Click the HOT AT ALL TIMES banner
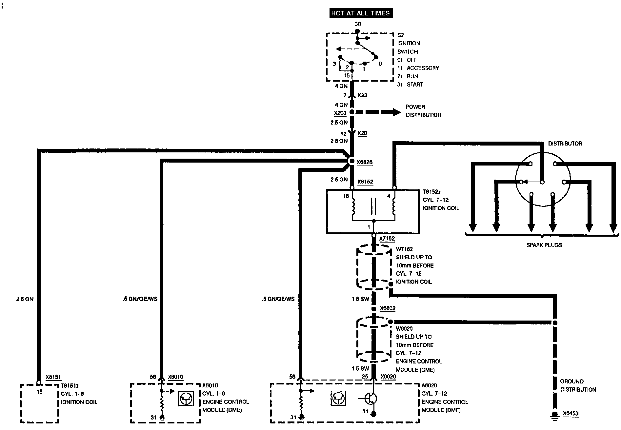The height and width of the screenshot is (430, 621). pos(360,13)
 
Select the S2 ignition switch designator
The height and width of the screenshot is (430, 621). pos(400,35)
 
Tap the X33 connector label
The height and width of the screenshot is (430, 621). pos(362,95)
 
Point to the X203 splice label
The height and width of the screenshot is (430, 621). pos(340,113)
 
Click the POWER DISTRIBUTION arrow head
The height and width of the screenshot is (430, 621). pos(397,112)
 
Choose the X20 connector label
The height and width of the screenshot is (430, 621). pos(362,133)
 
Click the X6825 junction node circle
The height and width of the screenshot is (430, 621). pos(351,161)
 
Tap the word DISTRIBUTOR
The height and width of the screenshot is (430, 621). pos(565,144)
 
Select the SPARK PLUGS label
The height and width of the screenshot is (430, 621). pos(544,245)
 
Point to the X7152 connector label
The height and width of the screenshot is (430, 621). pos(387,239)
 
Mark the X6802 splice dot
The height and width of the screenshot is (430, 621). pos(373,309)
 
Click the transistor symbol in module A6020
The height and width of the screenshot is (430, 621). pos(371,399)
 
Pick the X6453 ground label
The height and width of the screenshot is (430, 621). pos(571,414)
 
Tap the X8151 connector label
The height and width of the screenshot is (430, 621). pos(53,377)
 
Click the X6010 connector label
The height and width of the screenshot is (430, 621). pos(175,377)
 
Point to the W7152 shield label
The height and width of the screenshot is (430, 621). pos(404,249)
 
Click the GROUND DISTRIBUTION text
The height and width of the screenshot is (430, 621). pos(578,385)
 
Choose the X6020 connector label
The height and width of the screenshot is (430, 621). pos(388,377)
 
